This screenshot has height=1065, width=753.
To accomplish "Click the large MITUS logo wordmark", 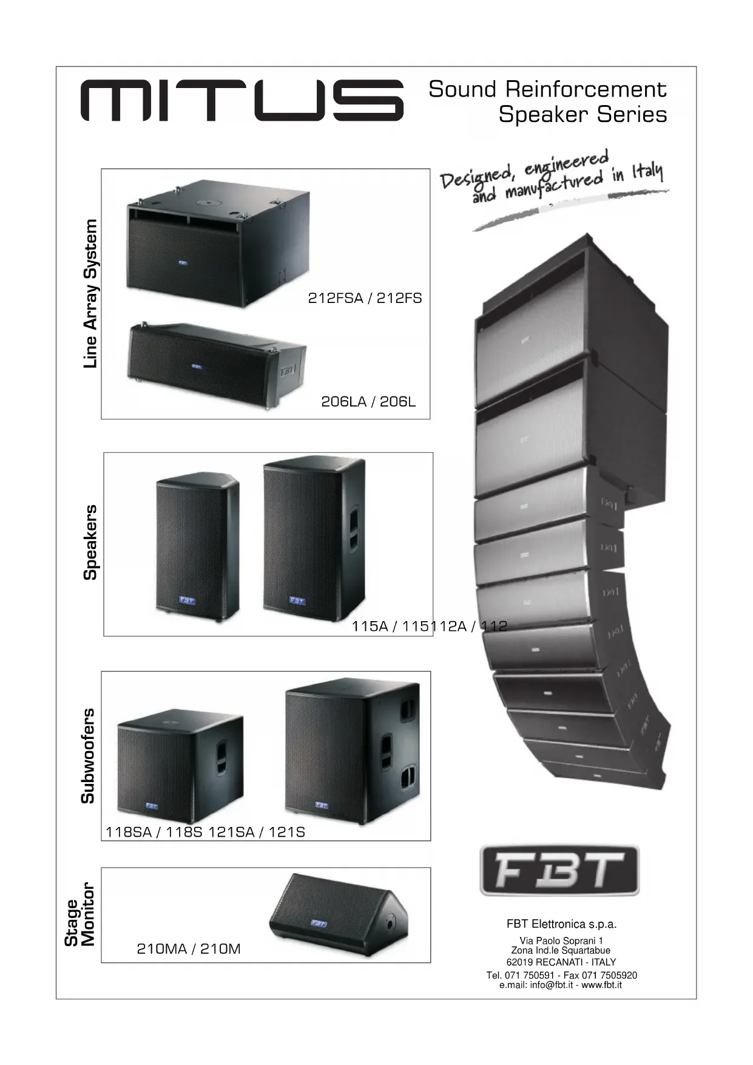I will [242, 101].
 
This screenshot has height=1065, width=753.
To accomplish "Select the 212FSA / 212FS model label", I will [365, 298].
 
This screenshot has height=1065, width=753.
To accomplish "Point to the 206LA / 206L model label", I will [368, 402].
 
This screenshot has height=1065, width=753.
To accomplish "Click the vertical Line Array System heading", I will [90, 293].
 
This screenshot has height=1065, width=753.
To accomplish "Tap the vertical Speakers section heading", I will [90, 542].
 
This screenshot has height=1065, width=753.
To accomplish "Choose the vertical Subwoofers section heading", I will [89, 755].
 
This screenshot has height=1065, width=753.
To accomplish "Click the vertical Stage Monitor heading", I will [80, 914].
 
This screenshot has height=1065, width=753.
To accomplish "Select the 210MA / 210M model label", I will [189, 948].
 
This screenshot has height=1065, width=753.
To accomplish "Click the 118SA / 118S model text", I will [154, 832].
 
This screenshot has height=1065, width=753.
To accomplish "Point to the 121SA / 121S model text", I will [257, 832].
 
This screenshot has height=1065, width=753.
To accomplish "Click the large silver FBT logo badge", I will [559, 870].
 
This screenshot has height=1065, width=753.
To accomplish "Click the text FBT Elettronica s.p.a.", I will [561, 924].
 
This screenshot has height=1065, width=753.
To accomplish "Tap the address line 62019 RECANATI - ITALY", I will [561, 962].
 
